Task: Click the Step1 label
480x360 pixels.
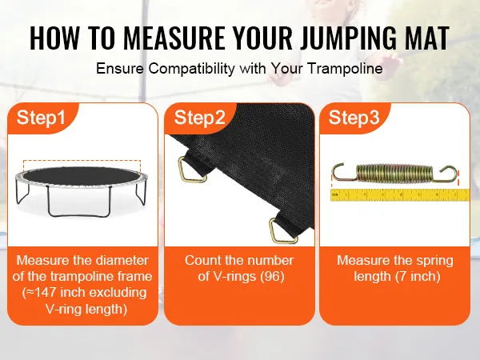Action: pyautogui.click(x=41, y=118)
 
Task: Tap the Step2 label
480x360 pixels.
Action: pyautogui.click(x=199, y=118)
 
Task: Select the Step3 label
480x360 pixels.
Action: pyautogui.click(x=354, y=118)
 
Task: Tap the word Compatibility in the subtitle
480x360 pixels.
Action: pyautogui.click(x=192, y=69)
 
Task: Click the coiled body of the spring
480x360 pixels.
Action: pyautogui.click(x=398, y=173)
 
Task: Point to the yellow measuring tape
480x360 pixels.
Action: pyautogui.click(x=400, y=194)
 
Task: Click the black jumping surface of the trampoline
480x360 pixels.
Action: pyautogui.click(x=82, y=176)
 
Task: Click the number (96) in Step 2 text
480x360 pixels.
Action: pyautogui.click(x=272, y=277)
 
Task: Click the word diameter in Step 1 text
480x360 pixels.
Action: pyautogui.click(x=122, y=260)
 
